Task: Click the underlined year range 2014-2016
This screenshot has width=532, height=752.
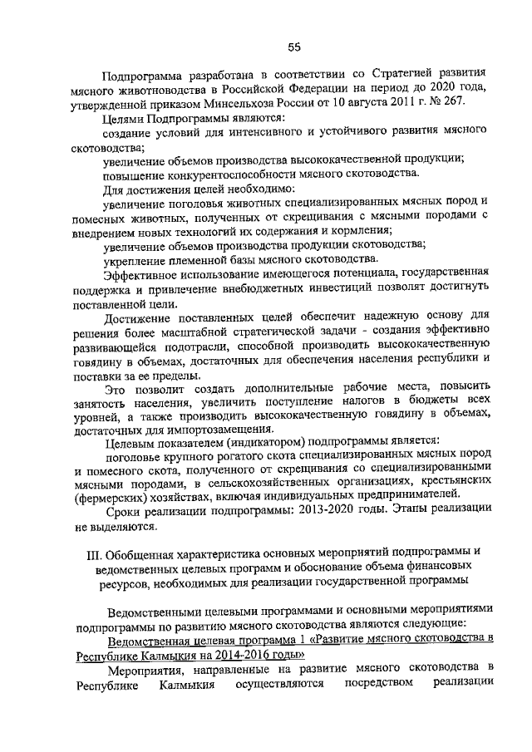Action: [217, 653]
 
